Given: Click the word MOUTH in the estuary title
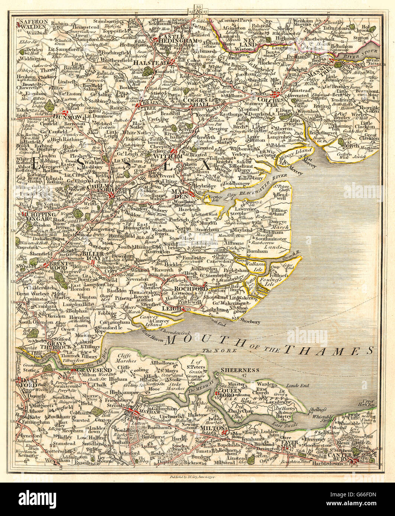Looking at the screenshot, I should click(191, 340).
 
